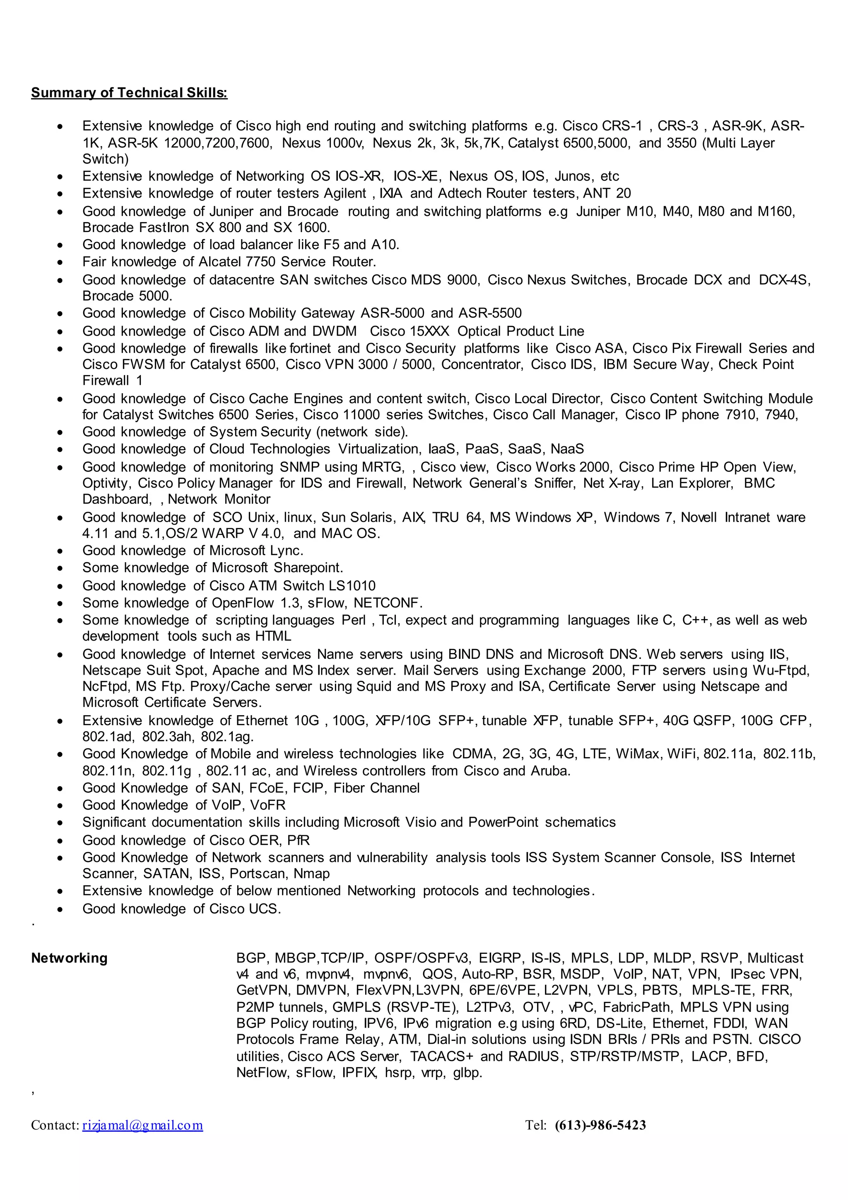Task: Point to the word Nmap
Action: (x=312, y=873)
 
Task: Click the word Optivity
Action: (x=106, y=484)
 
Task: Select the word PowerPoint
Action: (x=503, y=822)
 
